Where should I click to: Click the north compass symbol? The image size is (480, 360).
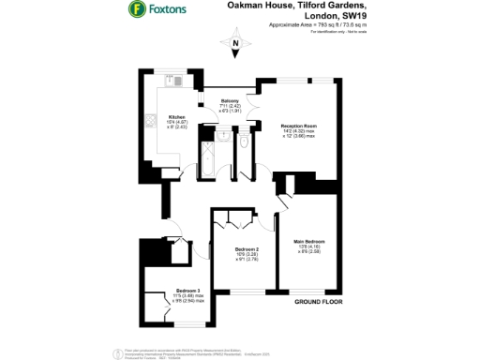point(235,44)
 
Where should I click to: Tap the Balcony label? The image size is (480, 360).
point(231,99)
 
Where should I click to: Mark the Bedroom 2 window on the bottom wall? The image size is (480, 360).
point(246,292)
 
